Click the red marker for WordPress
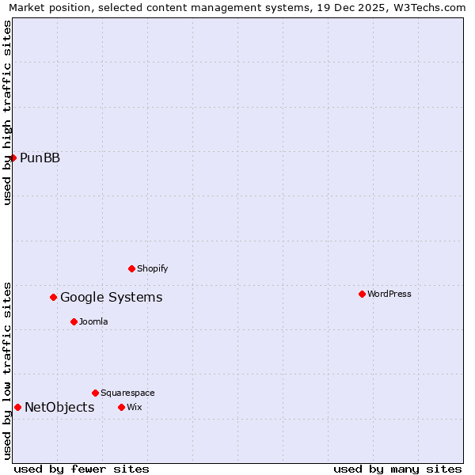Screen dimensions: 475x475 coord(362,294)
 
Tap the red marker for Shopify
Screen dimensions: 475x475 coord(131,268)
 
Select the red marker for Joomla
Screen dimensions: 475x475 coord(74,321)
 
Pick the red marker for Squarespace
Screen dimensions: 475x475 coord(95,393)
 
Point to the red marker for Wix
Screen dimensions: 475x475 coord(121,407)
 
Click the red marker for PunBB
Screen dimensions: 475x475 coord(13,158)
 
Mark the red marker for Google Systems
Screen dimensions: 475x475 coord(53,297)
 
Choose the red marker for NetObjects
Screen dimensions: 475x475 coord(17,407)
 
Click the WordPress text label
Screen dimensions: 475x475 coord(389,294)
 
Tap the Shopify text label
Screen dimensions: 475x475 coord(152,268)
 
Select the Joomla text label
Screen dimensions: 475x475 coord(93,321)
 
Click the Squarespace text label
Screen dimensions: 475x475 coord(127,393)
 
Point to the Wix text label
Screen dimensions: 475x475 coord(134,407)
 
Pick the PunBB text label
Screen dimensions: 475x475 coord(40,158)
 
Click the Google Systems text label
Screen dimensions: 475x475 coord(111,297)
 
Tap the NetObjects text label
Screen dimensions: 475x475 coord(59,407)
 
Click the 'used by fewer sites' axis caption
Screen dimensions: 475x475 coord(82,469)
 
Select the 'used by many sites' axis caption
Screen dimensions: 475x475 coord(397,469)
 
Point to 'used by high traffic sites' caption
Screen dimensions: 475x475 coord(7,112)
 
